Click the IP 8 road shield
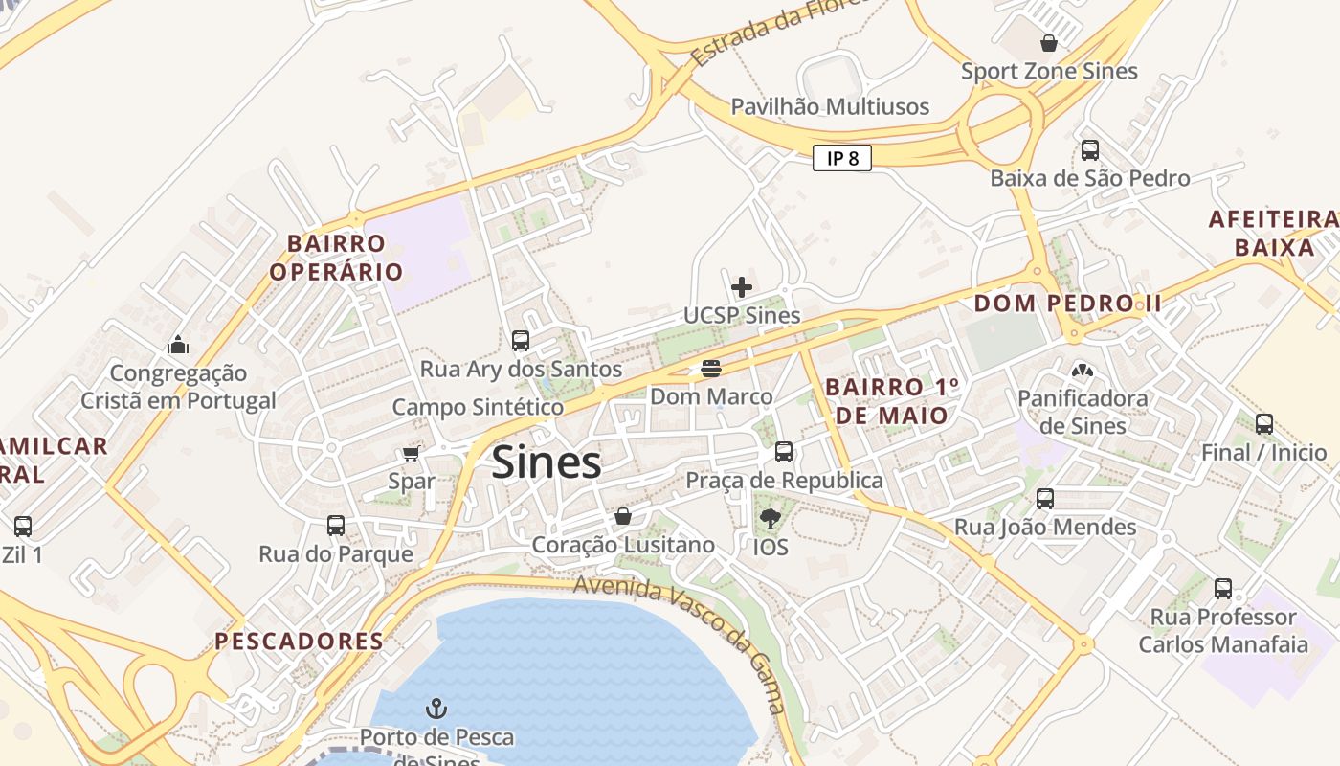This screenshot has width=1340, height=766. [842, 158]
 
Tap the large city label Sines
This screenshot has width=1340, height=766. [547, 463]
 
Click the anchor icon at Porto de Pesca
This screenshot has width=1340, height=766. [436, 710]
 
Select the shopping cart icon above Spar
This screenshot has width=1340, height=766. [412, 453]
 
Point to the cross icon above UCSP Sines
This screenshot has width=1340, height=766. [742, 286]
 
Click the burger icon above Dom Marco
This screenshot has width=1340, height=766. [710, 369]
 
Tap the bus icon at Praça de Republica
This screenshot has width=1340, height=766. [784, 452]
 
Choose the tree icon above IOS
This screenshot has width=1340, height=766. [770, 519]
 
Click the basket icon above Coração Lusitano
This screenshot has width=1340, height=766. [623, 517]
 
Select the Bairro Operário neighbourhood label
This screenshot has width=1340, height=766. [336, 258]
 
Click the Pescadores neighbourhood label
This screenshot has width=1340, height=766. [299, 642]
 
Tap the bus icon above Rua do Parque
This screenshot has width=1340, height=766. [336, 526]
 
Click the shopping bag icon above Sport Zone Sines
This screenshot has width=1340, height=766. [1049, 43]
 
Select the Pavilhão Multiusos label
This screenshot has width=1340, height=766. [830, 106]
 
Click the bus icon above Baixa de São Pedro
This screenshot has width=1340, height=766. [1089, 150]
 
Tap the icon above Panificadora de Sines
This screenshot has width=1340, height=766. [1083, 371]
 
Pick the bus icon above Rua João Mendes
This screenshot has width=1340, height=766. [1045, 499]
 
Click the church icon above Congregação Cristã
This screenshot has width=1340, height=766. [178, 345]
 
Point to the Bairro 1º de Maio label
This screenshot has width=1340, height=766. [890, 401]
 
